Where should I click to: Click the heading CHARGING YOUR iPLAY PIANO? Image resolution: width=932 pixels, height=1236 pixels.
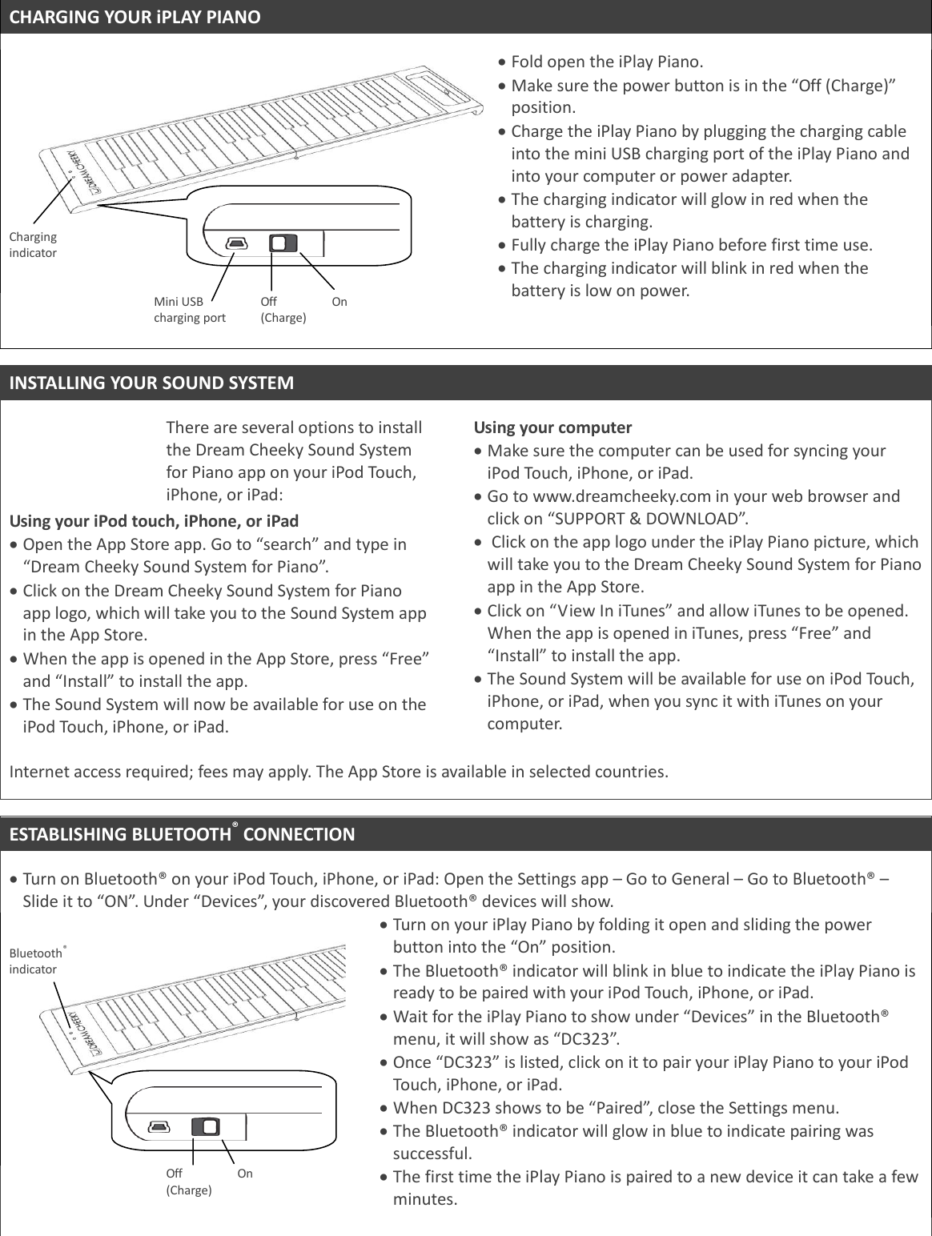(135, 17)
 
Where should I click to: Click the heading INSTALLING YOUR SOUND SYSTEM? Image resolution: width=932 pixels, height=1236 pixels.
(151, 383)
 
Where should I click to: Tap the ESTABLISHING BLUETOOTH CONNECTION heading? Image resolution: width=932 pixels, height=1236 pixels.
(182, 834)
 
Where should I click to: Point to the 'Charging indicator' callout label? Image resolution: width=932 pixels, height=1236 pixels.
(33, 245)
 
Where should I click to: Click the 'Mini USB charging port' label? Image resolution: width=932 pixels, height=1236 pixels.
(189, 309)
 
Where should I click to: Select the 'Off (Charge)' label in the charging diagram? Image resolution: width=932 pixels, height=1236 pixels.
(283, 309)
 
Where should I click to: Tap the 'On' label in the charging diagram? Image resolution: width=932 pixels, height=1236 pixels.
(339, 302)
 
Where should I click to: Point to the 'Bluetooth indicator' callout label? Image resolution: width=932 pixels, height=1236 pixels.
(36, 961)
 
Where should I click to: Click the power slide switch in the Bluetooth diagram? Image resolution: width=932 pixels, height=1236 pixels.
(206, 1126)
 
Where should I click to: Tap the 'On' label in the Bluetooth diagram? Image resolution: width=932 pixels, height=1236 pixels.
(245, 1173)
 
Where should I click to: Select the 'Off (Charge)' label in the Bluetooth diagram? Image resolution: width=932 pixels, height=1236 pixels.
(188, 1181)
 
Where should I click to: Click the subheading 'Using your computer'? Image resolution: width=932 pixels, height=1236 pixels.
(552, 427)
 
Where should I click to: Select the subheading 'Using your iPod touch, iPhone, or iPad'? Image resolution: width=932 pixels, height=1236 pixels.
(154, 521)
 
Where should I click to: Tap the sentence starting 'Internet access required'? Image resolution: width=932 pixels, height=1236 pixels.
(337, 772)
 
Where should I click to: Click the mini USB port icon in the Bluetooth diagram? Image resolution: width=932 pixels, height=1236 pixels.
(159, 1126)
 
